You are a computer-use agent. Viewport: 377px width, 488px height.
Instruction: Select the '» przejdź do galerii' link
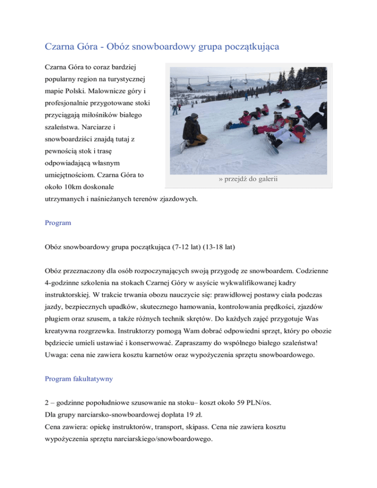(247, 180)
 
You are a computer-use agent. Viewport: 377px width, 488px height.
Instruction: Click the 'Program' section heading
(57, 222)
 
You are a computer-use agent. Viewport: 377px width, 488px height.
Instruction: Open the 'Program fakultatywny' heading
(81, 379)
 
